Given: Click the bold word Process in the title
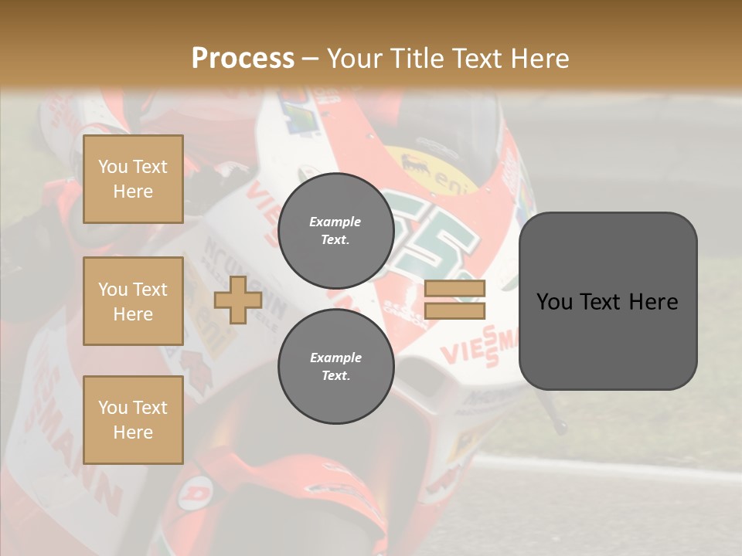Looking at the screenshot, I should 243,59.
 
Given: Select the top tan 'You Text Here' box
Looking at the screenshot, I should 133,179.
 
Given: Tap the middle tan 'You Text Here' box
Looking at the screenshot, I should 133,301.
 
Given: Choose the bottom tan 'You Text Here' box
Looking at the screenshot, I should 133,420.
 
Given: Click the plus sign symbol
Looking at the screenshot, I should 237,300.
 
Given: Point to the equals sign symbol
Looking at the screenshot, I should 454,300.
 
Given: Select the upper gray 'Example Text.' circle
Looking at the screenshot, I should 335,230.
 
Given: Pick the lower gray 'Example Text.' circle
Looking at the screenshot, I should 335,366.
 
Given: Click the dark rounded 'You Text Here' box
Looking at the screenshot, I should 608,301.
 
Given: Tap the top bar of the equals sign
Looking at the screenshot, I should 454,289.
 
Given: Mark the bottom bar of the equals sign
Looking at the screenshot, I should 454,310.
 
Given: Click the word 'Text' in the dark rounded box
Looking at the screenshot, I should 608,301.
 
